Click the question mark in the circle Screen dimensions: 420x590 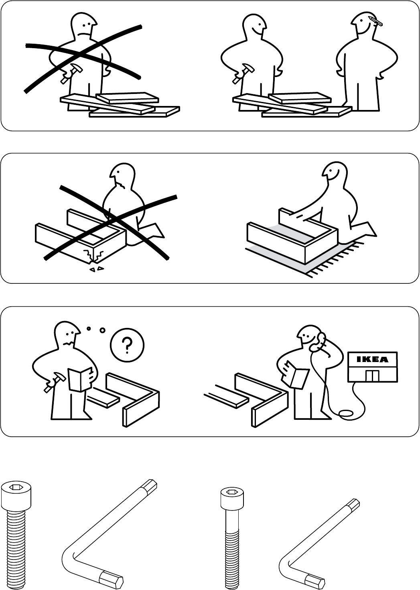pyautogui.click(x=127, y=344)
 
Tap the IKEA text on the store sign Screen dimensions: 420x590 pyautogui.click(x=373, y=360)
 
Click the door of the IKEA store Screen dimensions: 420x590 pyautogui.click(x=373, y=375)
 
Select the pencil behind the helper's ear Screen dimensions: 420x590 pyautogui.click(x=376, y=20)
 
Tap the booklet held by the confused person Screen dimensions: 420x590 pyautogui.click(x=78, y=379)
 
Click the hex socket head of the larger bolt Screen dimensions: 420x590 pyautogui.click(x=16, y=488)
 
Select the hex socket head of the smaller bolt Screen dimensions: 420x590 pyautogui.click(x=231, y=492)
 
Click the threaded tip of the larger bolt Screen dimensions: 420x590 pyautogui.click(x=16, y=584)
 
